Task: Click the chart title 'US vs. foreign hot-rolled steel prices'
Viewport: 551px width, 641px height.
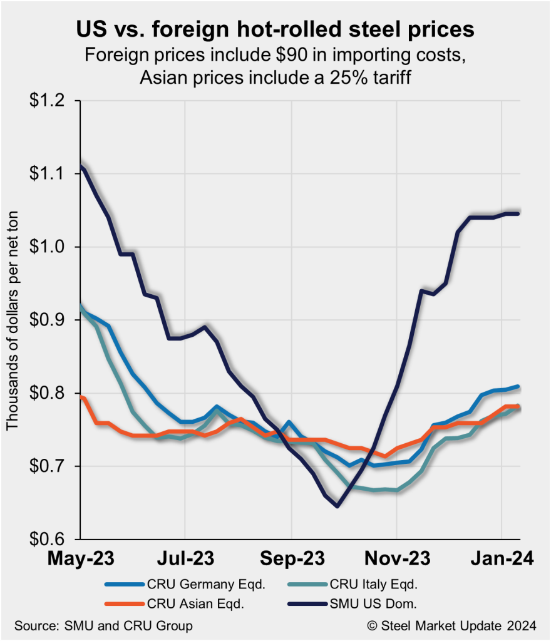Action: (x=275, y=29)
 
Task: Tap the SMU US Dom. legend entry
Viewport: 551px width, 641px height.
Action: (x=376, y=604)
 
